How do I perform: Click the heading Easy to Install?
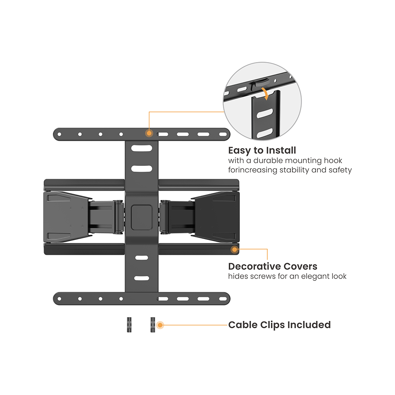(262, 150)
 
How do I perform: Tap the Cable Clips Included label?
(279, 325)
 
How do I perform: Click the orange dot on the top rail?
(149, 133)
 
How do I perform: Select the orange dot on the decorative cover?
(234, 250)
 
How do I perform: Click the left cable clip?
(129, 325)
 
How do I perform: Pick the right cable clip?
(153, 325)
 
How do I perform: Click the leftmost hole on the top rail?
(59, 135)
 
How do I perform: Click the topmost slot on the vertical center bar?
(141, 148)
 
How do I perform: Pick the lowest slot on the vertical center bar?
(141, 278)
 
